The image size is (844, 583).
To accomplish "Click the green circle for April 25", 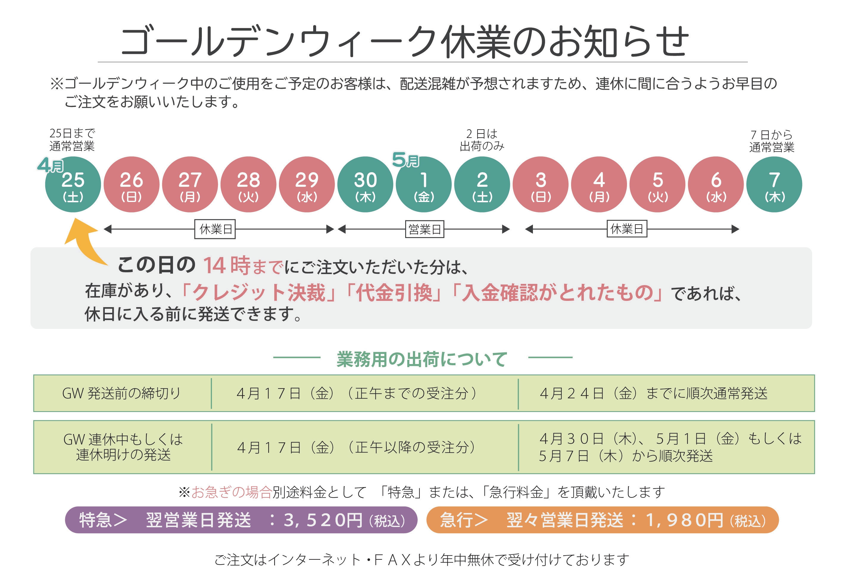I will [73, 185].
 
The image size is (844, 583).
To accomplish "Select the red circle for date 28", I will [248, 185].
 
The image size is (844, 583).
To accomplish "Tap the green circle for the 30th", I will [365, 185].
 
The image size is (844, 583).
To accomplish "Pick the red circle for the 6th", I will [716, 185].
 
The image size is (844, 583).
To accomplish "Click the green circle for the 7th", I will [774, 185].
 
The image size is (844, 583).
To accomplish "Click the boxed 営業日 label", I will [425, 229].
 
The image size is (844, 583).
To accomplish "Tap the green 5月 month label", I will [405, 160].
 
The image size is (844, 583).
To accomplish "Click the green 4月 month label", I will [50, 165].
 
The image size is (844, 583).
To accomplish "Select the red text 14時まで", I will [242, 265].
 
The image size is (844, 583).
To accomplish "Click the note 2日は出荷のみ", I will [482, 140].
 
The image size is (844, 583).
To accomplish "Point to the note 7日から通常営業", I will [772, 141].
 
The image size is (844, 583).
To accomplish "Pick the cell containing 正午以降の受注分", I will [357, 447].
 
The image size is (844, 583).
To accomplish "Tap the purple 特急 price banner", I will [241, 520].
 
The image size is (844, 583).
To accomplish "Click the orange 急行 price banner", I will [602, 520].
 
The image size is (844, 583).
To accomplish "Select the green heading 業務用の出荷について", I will [422, 359].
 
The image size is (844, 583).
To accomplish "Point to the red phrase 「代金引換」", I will [393, 293].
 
